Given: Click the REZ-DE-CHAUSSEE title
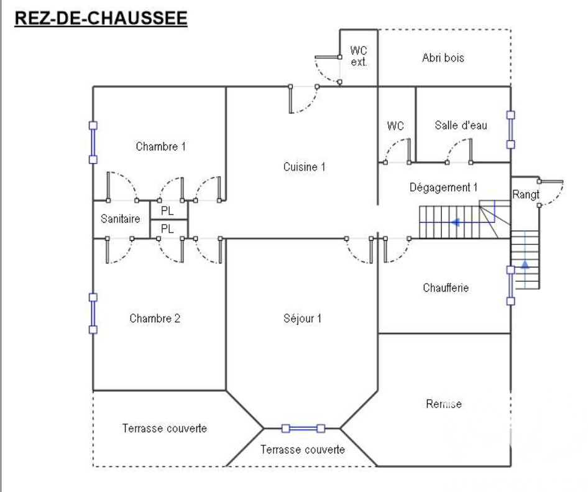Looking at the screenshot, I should point(100,19).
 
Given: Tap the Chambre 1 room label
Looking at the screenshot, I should point(160,147).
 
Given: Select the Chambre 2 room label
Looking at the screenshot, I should point(155,318).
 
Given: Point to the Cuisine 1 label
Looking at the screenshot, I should point(304,167).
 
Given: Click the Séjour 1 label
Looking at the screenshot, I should point(302,318).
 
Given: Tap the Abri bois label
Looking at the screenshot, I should point(443,58).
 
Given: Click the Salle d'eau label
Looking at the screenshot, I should point(461,126).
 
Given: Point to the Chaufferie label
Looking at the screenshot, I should point(445,288).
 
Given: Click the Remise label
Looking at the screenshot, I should point(443,404).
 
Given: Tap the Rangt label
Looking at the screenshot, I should point(526,195).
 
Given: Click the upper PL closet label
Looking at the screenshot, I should point(167,210).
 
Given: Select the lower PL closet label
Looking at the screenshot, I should point(167,229).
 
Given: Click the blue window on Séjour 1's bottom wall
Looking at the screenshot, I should point(303,428).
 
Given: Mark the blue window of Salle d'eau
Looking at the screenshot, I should point(510,129).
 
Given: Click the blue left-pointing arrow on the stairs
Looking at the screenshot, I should point(457,221).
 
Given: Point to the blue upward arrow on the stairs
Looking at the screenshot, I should point(525,264).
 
